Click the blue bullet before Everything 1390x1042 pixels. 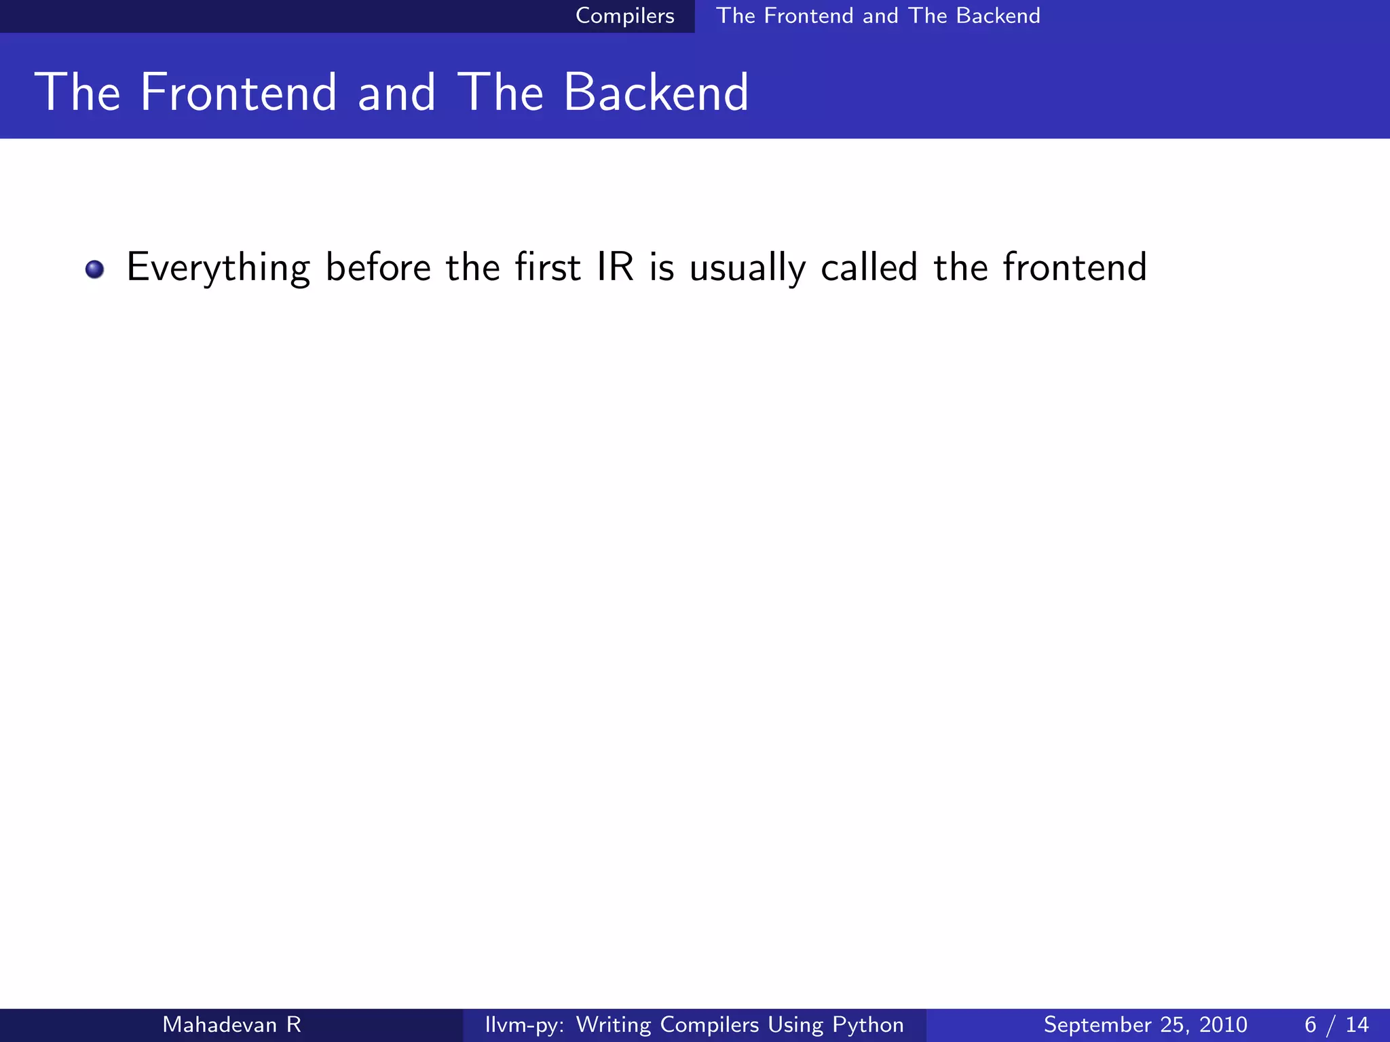coord(94,269)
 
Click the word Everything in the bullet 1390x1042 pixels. coord(218,268)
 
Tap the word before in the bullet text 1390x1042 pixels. coord(378,267)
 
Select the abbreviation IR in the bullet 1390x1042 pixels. coord(615,267)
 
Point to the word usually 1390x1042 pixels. coord(747,268)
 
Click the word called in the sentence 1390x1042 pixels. coord(869,267)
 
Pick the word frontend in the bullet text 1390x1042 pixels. coord(1074,267)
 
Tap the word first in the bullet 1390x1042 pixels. coord(547,267)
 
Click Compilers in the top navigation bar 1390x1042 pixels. coord(624,16)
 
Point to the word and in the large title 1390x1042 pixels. coord(396,93)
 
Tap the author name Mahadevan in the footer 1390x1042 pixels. coord(219,1024)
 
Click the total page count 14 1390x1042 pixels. coord(1357,1024)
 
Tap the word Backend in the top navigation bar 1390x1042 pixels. coord(998,16)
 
